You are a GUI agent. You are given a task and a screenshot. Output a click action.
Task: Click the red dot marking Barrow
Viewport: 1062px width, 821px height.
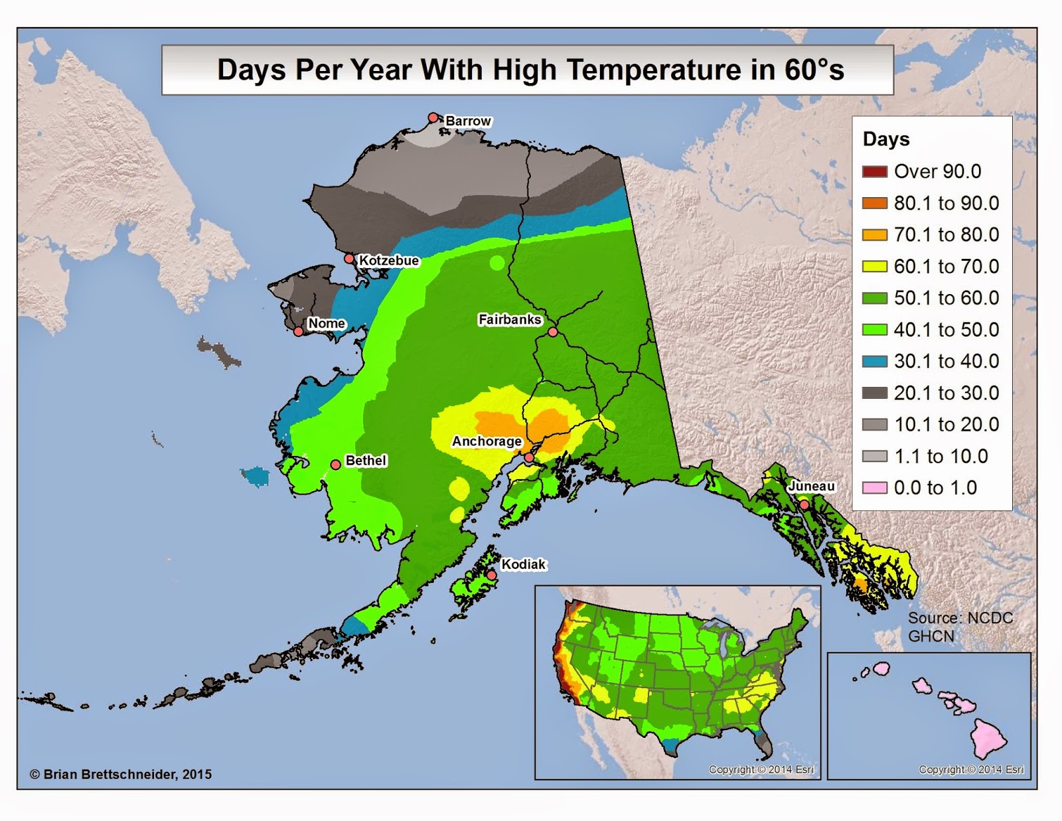click(433, 117)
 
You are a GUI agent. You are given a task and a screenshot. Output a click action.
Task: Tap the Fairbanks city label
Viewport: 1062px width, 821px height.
click(510, 319)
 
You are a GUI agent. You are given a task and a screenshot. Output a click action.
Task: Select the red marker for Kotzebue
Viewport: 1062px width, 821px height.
click(349, 258)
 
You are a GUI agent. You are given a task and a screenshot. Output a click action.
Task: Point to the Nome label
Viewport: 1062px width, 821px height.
click(327, 323)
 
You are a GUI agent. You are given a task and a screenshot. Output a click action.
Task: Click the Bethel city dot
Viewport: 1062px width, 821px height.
click(336, 464)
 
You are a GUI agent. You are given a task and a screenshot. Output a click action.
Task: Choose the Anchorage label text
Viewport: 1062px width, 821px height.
click(487, 441)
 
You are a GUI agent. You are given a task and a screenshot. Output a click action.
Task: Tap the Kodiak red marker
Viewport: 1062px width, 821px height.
click(491, 575)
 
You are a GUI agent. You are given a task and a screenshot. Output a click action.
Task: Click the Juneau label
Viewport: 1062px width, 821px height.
click(811, 486)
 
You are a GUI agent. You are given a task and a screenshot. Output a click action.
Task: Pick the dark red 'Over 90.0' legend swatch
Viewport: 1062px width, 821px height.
click(874, 172)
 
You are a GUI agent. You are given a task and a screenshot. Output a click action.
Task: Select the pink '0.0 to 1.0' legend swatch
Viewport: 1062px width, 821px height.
click(874, 488)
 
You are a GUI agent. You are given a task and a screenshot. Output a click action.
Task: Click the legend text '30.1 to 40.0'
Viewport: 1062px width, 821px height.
click(946, 361)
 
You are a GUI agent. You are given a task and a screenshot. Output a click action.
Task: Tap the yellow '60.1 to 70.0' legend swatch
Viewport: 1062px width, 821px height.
click(874, 267)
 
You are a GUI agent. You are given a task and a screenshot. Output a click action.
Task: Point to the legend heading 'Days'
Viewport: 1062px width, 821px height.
click(886, 139)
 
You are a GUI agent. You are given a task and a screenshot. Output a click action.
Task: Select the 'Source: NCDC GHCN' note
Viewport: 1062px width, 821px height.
click(960, 627)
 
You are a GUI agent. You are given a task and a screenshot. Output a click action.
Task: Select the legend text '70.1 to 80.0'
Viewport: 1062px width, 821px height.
click(946, 235)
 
